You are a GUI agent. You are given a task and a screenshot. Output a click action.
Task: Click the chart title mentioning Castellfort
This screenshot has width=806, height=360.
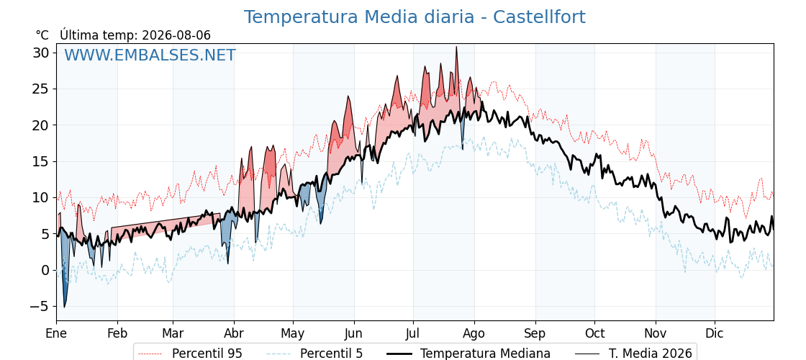tap(415, 17)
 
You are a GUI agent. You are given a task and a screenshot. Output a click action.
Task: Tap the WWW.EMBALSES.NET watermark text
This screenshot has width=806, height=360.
tap(150, 55)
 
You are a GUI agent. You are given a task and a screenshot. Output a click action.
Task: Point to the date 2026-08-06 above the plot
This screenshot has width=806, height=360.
tap(176, 35)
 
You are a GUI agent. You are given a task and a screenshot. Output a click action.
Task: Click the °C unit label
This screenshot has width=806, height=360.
tap(42, 35)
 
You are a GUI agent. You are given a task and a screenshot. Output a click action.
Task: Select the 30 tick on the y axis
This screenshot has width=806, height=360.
tap(42, 53)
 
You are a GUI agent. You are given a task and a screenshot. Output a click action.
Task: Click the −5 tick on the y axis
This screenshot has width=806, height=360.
tap(39, 306)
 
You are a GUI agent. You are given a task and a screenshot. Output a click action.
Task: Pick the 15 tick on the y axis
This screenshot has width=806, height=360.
tap(42, 161)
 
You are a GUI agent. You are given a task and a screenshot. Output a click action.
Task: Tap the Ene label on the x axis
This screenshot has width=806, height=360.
tap(57, 334)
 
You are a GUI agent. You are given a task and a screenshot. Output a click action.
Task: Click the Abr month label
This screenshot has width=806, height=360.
tap(234, 334)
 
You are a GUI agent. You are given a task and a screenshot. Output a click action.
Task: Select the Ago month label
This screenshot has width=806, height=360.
tap(474, 334)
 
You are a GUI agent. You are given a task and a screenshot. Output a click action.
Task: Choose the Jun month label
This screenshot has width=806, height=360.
tap(353, 334)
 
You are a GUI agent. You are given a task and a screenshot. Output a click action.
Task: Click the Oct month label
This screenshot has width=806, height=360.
tap(594, 334)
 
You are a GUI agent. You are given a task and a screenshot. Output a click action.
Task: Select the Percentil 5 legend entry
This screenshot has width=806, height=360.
tap(314, 354)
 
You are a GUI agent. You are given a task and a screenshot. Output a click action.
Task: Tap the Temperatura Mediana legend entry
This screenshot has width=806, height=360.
tap(467, 354)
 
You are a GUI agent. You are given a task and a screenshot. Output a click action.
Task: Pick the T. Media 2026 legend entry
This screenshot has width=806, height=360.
tap(633, 354)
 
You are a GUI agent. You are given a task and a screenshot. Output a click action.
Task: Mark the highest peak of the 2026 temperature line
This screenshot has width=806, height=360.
tap(456, 47)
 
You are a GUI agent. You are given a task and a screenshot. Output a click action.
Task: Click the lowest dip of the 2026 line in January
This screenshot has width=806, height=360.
tap(64, 307)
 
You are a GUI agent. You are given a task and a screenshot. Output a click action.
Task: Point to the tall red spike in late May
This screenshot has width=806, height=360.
tap(348, 96)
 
